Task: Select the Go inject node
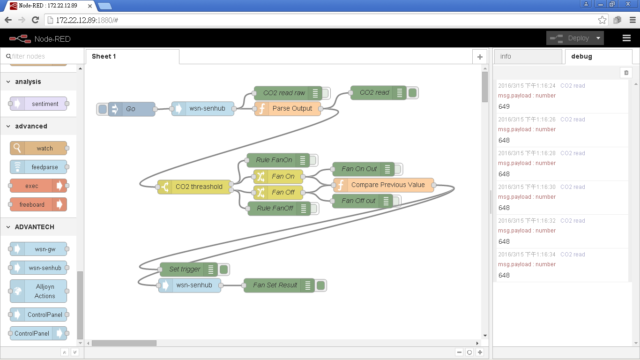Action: pos(131,109)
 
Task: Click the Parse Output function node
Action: pos(292,108)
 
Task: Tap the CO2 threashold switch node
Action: pos(199,187)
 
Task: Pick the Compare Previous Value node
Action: pos(387,185)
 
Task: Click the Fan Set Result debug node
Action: pos(275,285)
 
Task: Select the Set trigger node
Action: pos(185,269)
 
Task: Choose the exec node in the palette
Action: pos(32,186)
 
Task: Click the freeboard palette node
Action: pos(32,204)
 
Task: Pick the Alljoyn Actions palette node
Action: pos(45,291)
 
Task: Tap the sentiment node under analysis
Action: pos(45,104)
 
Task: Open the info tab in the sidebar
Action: pos(506,56)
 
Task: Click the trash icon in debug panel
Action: pos(626,72)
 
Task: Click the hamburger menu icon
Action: pos(626,38)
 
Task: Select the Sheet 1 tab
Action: pos(104,56)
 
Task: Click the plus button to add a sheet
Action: pos(479,57)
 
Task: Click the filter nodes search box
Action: pos(42,56)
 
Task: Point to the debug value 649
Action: pos(504,106)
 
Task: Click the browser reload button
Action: pos(35,20)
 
